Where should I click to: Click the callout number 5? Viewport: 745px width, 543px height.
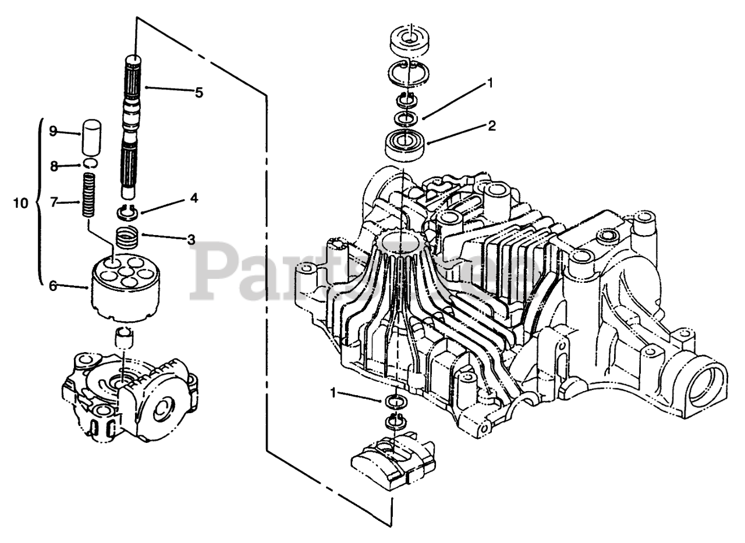click(199, 92)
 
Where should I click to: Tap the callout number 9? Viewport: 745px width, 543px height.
click(53, 131)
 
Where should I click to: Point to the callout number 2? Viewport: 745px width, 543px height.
click(491, 126)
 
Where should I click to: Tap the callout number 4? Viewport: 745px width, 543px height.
click(193, 198)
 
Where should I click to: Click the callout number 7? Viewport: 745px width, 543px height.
click(53, 202)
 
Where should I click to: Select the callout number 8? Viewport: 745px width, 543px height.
click(53, 166)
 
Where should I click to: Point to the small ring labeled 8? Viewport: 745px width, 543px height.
click(90, 163)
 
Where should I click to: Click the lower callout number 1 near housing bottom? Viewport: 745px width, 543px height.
click(334, 393)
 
